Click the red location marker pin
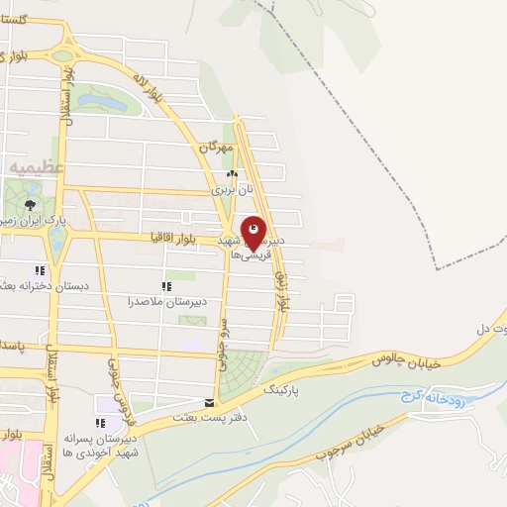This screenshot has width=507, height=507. point(253,233)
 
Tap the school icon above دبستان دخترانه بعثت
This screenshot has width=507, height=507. point(41,270)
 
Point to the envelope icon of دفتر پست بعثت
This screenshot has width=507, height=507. point(208,403)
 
